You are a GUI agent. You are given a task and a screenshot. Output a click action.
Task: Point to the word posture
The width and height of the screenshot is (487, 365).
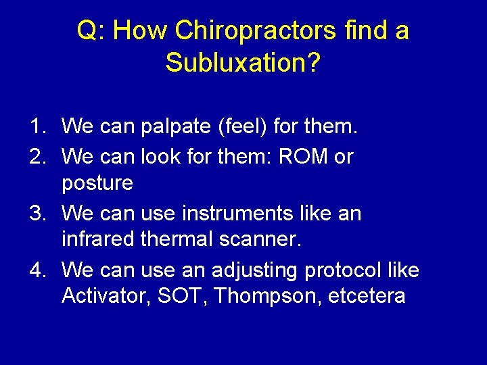(x=97, y=184)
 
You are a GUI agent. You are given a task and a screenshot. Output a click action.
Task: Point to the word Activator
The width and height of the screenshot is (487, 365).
(x=105, y=297)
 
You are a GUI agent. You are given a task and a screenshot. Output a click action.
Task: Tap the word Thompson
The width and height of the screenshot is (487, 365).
(x=270, y=297)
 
